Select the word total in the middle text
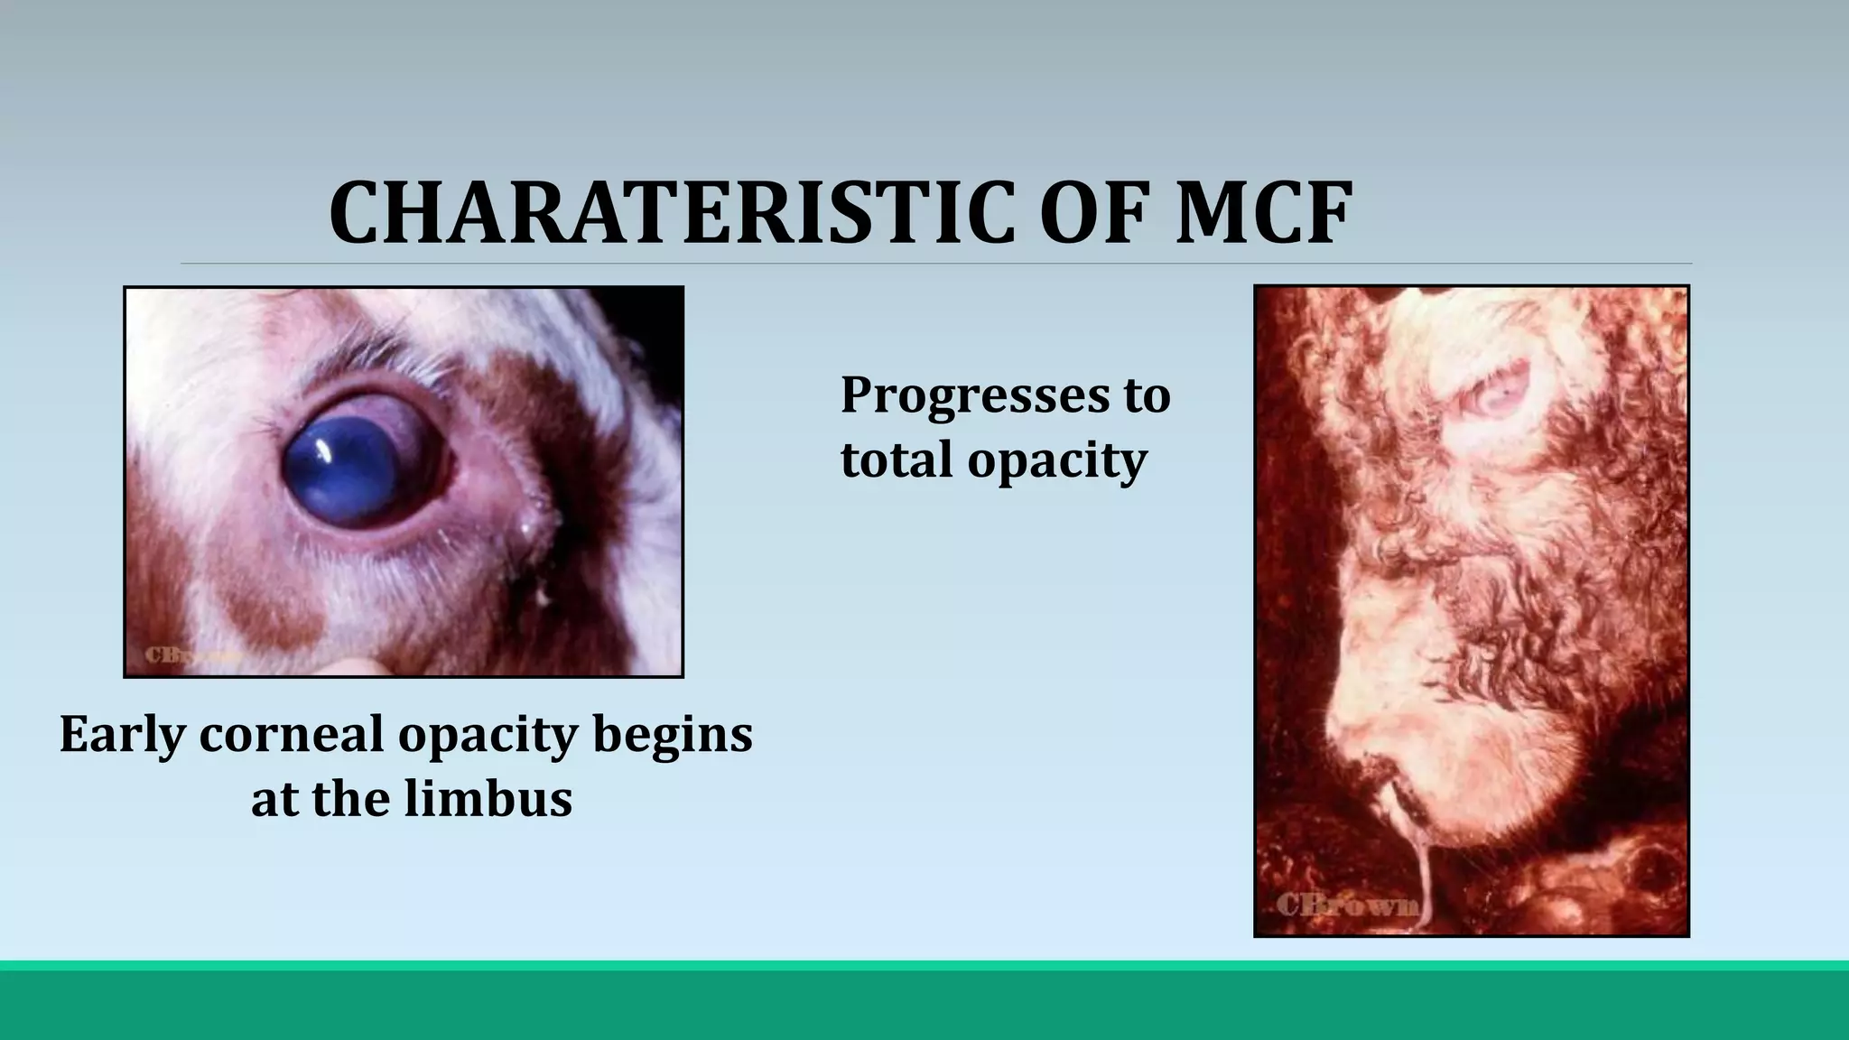pyautogui.click(x=897, y=460)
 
